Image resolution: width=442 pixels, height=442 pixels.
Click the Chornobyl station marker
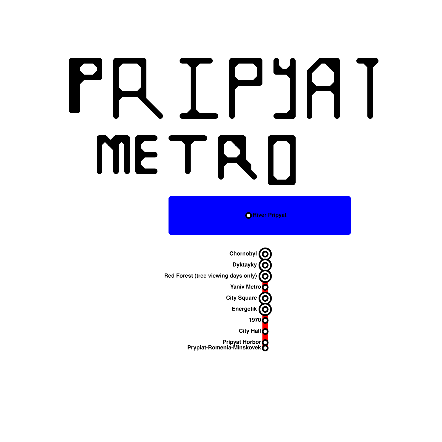(x=265, y=254)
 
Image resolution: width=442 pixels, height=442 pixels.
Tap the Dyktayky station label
(x=244, y=265)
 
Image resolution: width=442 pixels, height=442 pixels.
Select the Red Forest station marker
(x=265, y=276)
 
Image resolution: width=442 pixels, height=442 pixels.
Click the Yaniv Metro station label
(x=245, y=287)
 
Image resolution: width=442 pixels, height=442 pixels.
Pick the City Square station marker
(x=265, y=298)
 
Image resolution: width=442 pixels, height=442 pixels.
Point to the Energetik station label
(x=244, y=309)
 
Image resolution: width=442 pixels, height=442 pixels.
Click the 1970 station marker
(x=265, y=320)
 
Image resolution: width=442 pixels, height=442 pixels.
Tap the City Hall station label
(x=250, y=331)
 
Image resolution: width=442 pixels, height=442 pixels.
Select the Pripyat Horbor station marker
(x=265, y=342)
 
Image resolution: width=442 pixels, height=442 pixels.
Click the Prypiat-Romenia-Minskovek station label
(x=224, y=348)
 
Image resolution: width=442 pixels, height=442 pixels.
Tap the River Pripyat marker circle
(x=249, y=215)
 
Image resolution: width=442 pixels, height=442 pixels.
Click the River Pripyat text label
(x=270, y=215)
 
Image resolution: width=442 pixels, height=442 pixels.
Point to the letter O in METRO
(x=282, y=160)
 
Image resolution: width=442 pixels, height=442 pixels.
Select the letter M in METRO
(x=113, y=155)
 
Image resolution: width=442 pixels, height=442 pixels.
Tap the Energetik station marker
(x=265, y=309)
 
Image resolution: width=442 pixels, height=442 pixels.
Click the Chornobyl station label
(x=243, y=254)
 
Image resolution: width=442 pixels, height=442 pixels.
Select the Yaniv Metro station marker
(x=265, y=287)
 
